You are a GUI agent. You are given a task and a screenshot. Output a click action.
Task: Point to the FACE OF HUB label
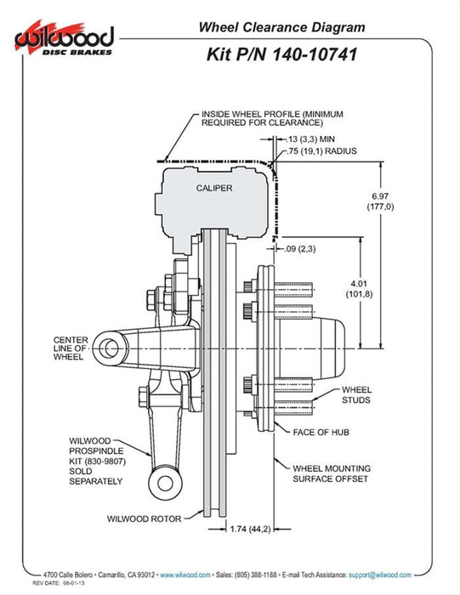[327, 432]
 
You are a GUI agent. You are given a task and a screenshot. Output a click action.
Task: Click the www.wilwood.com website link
[185, 575]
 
